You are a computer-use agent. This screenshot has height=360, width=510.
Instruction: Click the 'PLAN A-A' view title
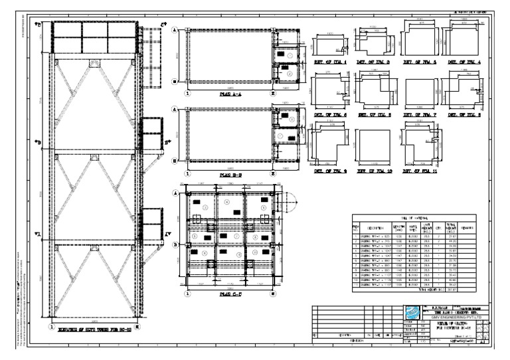tap(232, 95)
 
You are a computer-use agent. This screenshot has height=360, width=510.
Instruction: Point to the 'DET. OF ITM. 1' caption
tap(329, 61)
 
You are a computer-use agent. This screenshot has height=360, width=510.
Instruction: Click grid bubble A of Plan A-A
tap(175, 30)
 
